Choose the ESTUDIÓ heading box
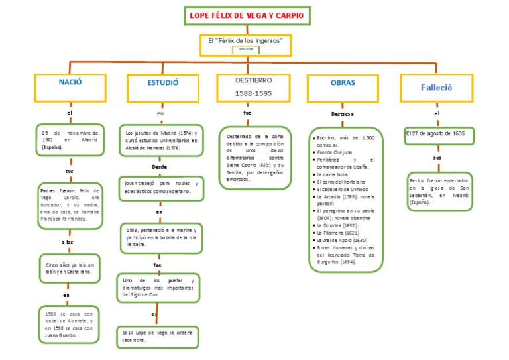(x=162, y=84)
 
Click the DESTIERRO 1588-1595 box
(x=253, y=86)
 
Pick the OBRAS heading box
(x=343, y=84)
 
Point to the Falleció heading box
(x=436, y=87)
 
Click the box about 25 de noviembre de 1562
(x=70, y=139)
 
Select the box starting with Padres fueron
(x=70, y=203)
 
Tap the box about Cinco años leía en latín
(x=70, y=268)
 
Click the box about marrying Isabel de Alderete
(x=70, y=324)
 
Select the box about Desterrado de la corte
(x=254, y=156)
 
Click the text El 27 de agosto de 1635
(x=435, y=134)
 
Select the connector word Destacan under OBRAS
(x=343, y=114)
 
